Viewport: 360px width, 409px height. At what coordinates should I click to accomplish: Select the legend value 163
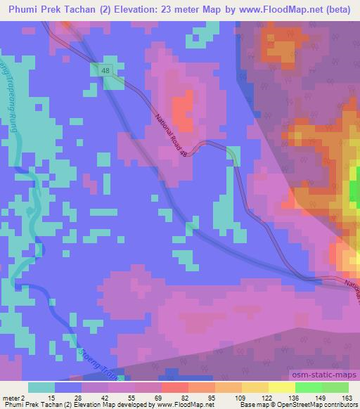click(347, 399)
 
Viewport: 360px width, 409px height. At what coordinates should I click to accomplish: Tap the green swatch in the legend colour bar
click(308, 388)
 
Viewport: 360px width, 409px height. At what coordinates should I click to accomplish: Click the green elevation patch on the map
click(354, 188)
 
